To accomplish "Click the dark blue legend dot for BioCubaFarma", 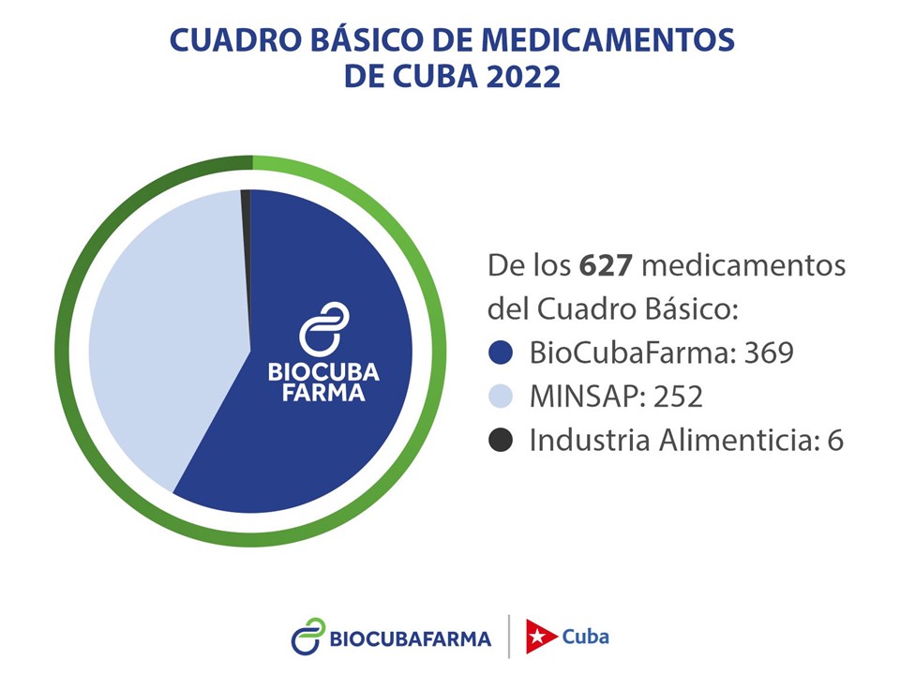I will coord(502,352).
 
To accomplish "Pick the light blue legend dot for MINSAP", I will coord(502,397).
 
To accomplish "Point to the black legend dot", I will coord(502,440).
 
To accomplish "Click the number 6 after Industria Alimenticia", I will coord(834,441).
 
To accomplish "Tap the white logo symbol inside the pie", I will coord(323,328).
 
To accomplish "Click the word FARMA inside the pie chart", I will coord(323,393).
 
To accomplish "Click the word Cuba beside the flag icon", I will coord(585,637).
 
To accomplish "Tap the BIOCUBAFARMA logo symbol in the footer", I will coord(307,637).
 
